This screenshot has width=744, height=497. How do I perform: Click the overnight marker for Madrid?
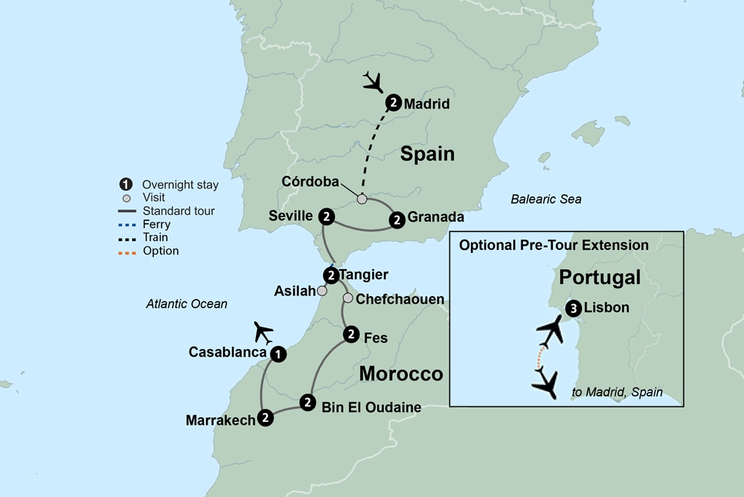click(394, 103)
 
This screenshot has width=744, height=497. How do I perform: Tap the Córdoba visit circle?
click(362, 199)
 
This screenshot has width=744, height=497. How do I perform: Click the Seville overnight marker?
click(325, 217)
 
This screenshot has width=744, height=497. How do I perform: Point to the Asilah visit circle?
click(321, 291)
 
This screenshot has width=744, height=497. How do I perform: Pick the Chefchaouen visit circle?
click(347, 298)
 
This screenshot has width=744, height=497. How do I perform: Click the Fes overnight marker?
click(350, 335)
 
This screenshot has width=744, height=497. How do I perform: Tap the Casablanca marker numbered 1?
click(278, 354)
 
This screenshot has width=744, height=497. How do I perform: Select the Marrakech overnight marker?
click(265, 418)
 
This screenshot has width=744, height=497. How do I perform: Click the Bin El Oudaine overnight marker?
click(307, 403)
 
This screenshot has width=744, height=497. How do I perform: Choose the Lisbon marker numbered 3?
click(572, 308)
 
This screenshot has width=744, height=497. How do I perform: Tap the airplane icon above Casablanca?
click(263, 330)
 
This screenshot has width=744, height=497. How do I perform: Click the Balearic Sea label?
click(546, 199)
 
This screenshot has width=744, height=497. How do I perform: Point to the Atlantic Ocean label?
click(187, 304)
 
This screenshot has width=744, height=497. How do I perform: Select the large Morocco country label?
click(401, 373)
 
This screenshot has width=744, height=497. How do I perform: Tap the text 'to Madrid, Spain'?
click(617, 392)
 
